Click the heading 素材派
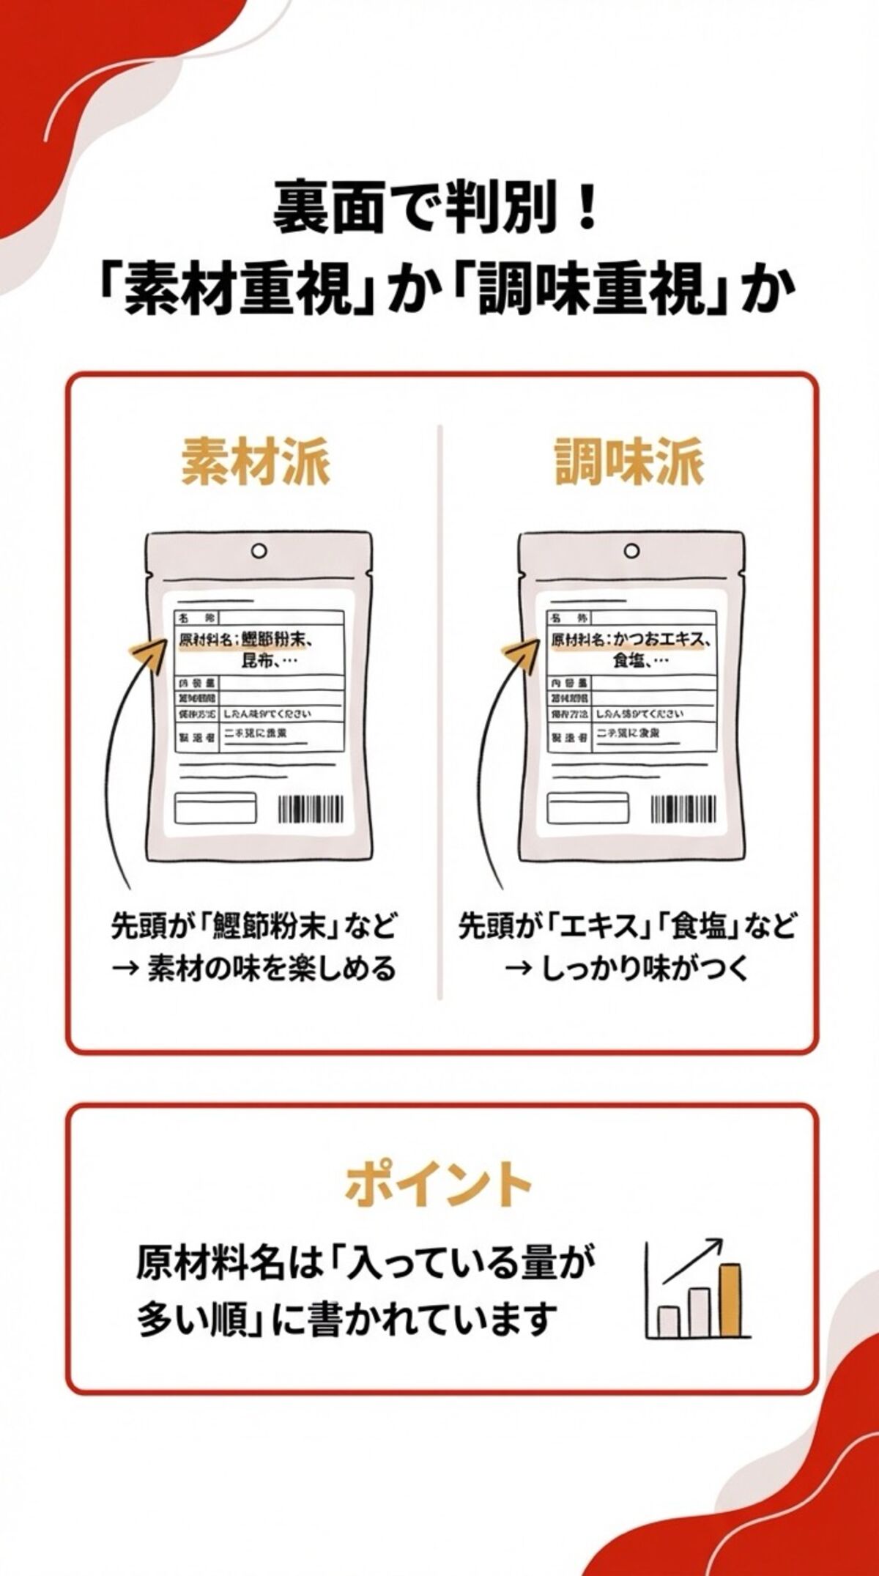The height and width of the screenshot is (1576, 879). (x=256, y=462)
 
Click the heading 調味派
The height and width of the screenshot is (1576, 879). (x=629, y=462)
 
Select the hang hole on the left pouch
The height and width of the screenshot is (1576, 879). (x=259, y=550)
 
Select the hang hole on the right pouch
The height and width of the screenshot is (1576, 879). (x=631, y=550)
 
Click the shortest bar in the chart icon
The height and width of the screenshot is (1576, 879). (x=668, y=1321)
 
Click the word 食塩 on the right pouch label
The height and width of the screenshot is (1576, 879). (x=629, y=661)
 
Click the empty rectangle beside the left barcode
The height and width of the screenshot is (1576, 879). (x=215, y=810)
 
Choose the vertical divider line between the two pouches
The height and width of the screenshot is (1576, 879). (x=440, y=711)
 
